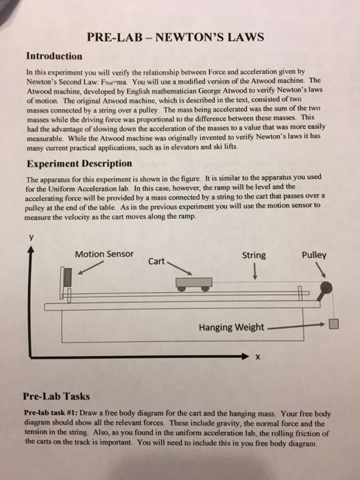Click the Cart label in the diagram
(156, 261)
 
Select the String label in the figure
(254, 256)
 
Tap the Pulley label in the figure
(314, 254)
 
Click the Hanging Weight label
(230, 327)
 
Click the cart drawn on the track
(193, 283)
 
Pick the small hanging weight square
(333, 324)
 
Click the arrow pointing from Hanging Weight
(295, 327)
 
